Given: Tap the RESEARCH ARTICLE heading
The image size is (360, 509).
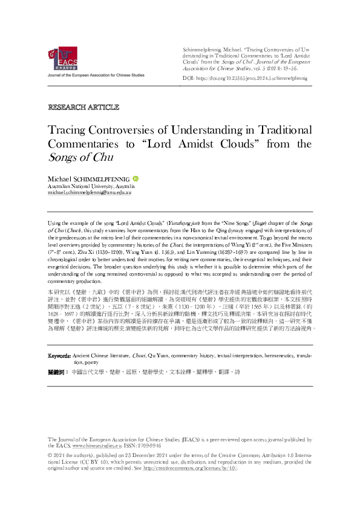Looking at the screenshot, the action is tap(83, 107).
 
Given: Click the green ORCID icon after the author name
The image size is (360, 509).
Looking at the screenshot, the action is tap(136, 179).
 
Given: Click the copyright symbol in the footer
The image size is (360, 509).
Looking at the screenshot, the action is tap(50, 454).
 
